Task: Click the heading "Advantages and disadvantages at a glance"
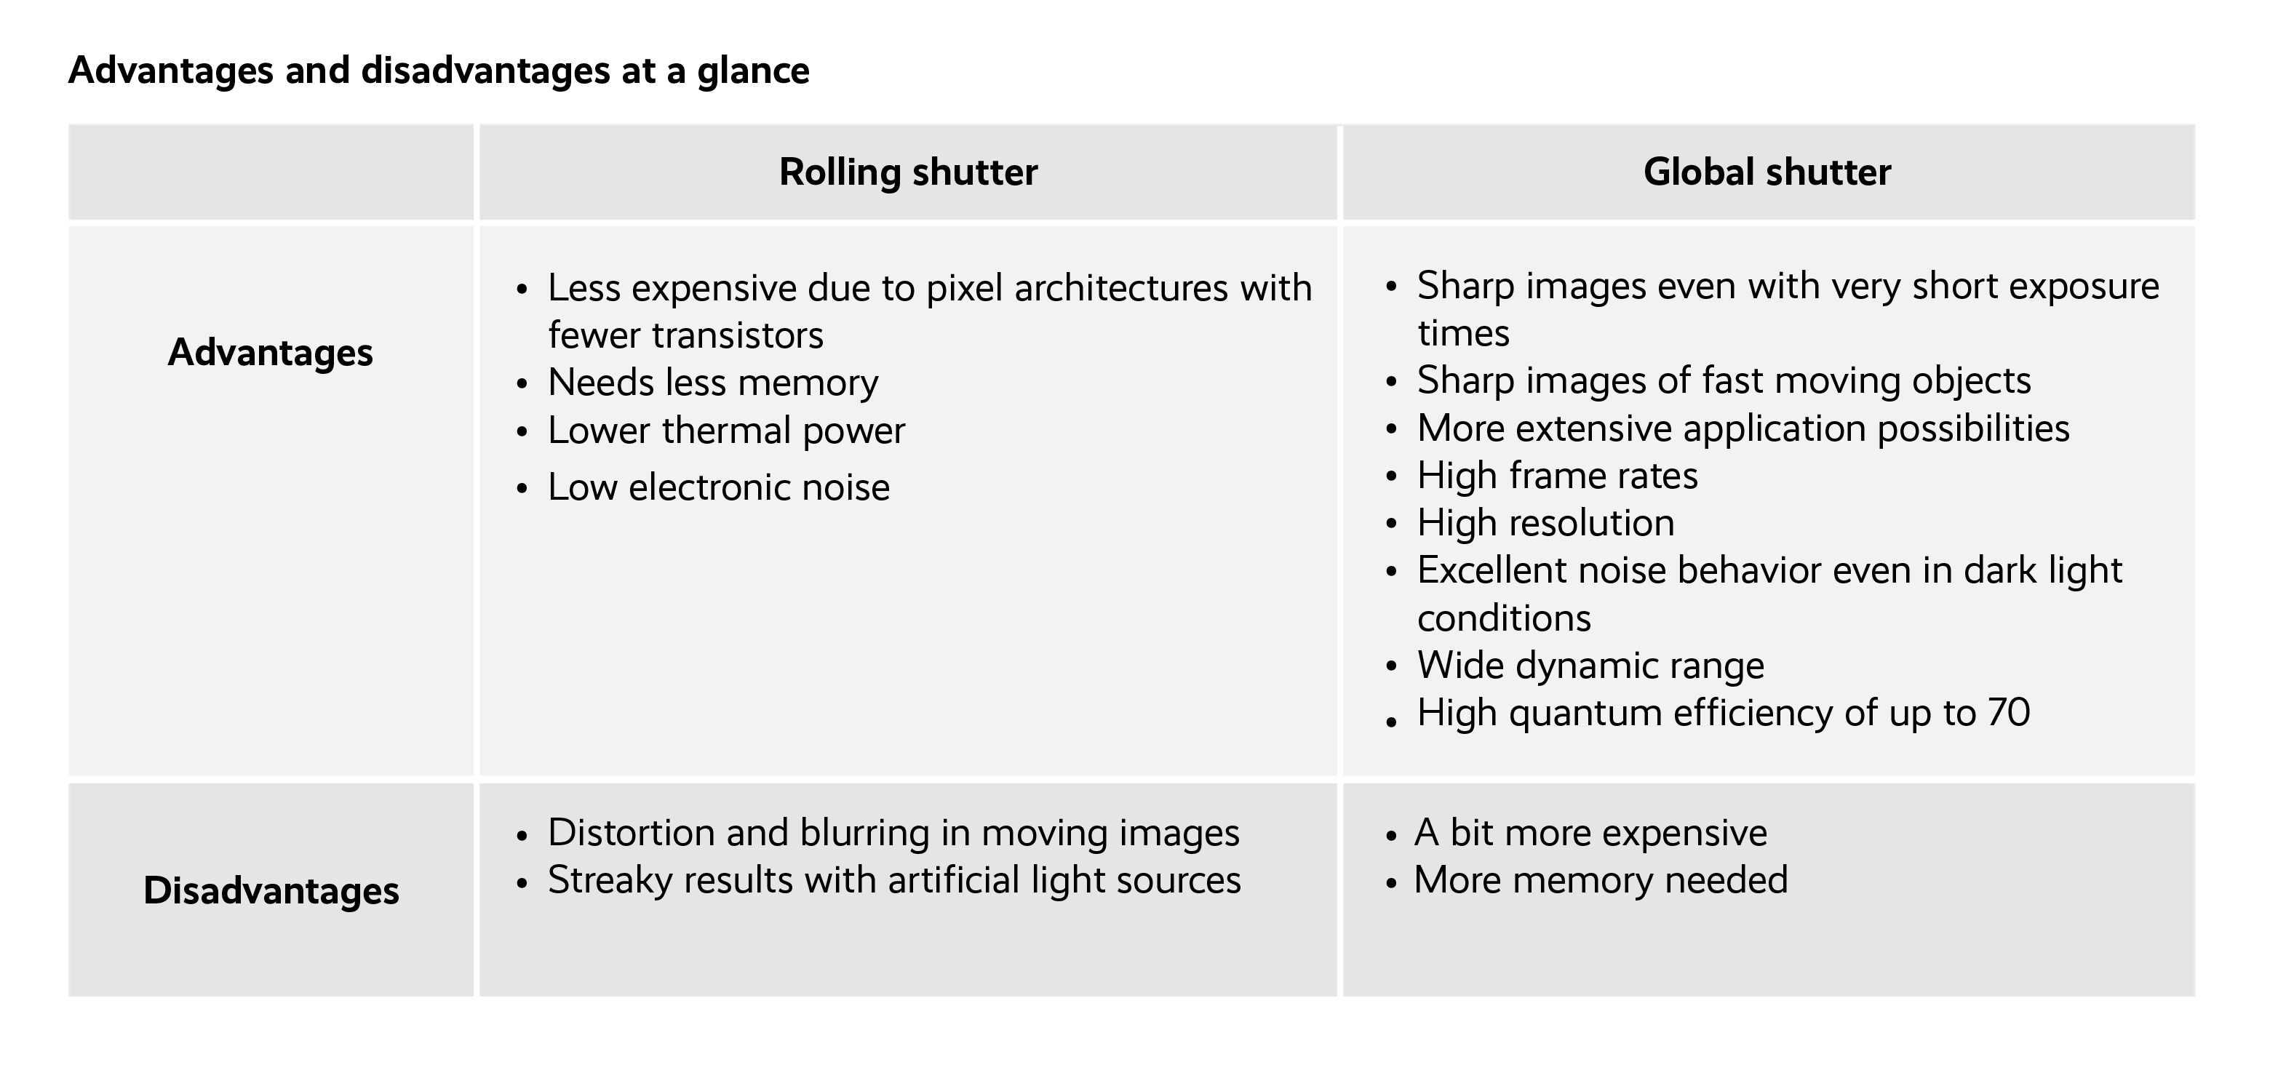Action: (439, 71)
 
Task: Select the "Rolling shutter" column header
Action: (908, 172)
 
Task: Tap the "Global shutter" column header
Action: (1767, 172)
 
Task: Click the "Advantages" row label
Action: (271, 352)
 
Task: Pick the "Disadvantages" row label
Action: (271, 890)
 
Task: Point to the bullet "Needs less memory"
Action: (713, 383)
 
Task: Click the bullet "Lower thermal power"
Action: (726, 431)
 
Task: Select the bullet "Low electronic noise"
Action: (718, 487)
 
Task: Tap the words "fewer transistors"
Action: (685, 336)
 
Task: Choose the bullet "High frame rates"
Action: (1557, 476)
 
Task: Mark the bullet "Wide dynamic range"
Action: (1590, 666)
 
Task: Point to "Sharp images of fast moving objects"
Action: (1724, 381)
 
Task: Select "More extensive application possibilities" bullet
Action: (1743, 429)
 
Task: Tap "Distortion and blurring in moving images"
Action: (893, 833)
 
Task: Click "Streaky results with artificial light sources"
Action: (894, 881)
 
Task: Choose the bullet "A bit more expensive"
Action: (1590, 833)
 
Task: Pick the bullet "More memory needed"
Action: (1601, 881)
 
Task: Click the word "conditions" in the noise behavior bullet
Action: (1503, 618)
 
